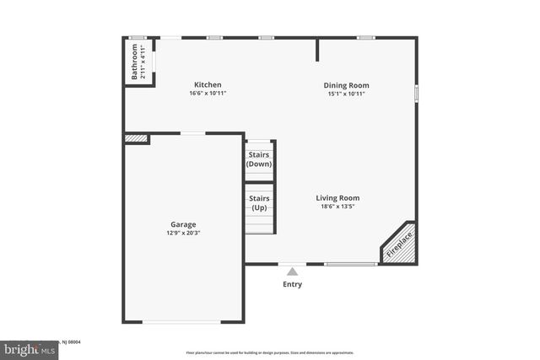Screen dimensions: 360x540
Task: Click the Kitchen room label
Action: [208, 84]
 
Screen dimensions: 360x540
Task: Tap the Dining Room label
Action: [347, 85]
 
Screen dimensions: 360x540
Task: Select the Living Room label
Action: [338, 198]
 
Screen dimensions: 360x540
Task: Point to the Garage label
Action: [183, 224]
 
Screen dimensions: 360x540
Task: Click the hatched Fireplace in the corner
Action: [398, 244]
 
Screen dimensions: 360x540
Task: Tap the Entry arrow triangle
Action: [292, 271]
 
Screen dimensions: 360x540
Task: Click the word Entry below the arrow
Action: [292, 284]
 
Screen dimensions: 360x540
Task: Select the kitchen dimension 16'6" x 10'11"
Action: [208, 94]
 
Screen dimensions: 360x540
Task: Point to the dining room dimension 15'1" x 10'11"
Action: [347, 94]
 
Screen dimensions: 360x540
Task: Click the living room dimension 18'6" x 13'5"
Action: [338, 207]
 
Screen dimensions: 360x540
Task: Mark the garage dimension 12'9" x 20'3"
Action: [183, 233]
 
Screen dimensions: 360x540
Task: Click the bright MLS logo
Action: [25, 349]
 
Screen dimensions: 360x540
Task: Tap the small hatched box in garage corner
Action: [135, 138]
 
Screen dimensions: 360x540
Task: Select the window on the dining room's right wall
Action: [416, 93]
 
